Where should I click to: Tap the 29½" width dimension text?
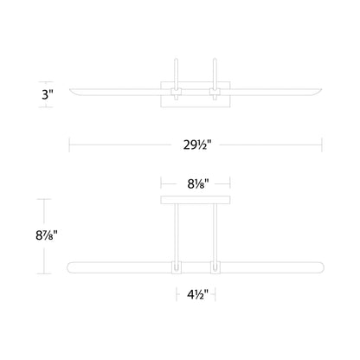point(196,145)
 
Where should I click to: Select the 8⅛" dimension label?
point(196,183)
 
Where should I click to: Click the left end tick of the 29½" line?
point(70,145)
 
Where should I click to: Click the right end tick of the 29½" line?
point(322,145)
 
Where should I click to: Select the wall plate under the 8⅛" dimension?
point(195,199)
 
